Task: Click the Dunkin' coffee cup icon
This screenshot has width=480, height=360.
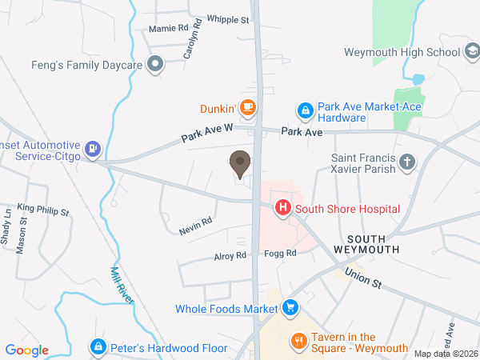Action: point(248,107)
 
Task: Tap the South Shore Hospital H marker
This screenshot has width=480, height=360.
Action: point(282,209)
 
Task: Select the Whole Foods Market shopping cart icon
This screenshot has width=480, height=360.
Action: point(290,307)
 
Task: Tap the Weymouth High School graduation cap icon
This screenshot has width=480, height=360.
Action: point(472,52)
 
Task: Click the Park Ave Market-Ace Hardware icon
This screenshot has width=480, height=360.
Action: point(304,110)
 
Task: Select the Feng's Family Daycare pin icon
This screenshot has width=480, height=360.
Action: point(156,63)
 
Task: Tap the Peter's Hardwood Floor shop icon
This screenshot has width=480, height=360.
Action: point(98,347)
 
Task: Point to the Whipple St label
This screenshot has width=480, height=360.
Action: point(228,19)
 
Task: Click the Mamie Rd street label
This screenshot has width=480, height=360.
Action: point(168,28)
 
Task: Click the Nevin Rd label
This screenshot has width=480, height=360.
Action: point(195,225)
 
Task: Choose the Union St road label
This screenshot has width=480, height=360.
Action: point(365,278)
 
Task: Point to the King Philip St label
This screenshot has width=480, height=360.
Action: point(43,210)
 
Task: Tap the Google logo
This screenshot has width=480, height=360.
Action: point(27,350)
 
